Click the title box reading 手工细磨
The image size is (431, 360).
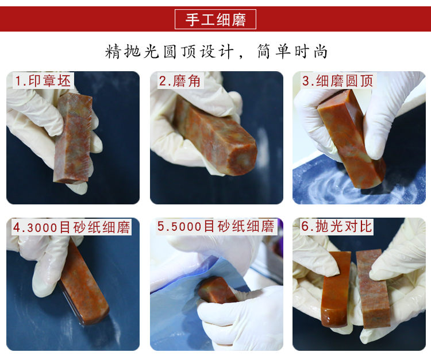pos(215,19)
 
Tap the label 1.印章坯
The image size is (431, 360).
pos(43,81)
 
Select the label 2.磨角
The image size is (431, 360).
pos(180,81)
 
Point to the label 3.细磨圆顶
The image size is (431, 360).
pos(338,81)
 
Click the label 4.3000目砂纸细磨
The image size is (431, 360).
pos(71,227)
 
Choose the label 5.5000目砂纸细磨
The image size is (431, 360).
pos(216,227)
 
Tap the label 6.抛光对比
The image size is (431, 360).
pos(337,227)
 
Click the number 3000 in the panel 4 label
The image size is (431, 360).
pos(43,227)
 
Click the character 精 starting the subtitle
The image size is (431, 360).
pos(113,51)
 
